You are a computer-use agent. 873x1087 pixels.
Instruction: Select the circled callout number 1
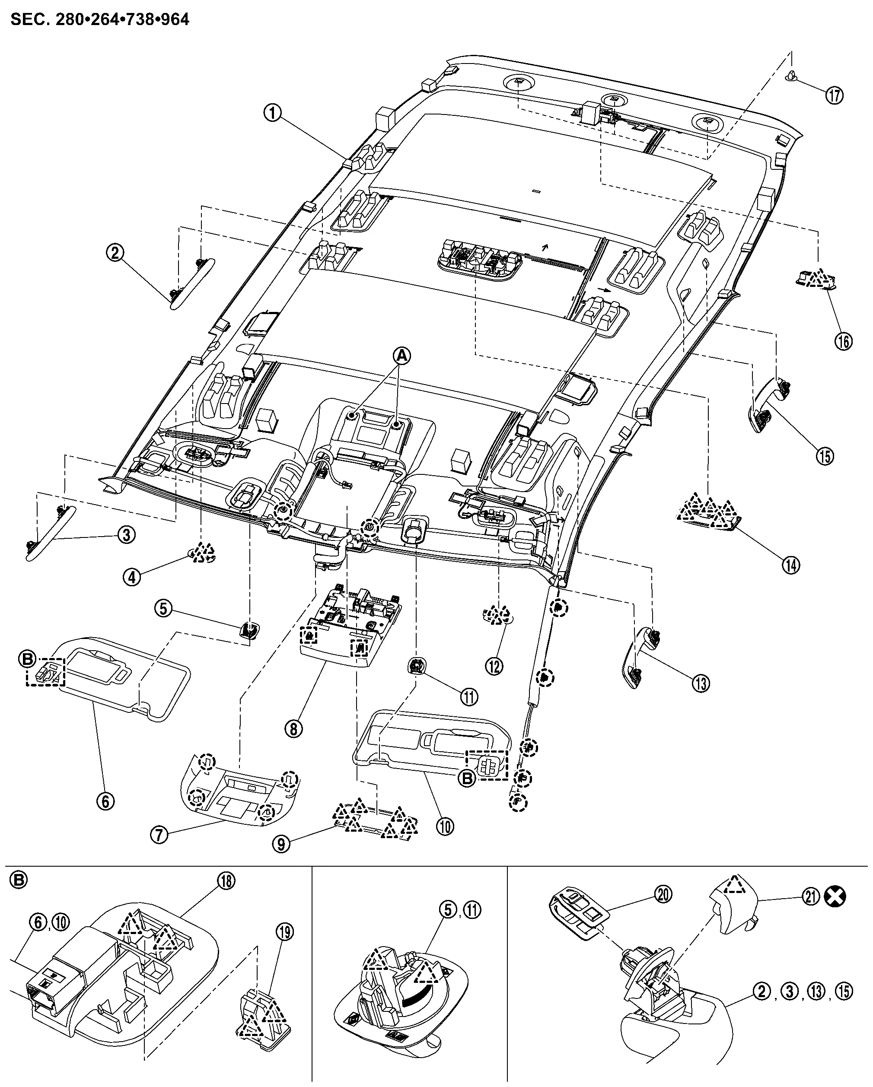pos(273,113)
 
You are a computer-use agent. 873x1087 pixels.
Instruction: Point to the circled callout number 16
pos(843,341)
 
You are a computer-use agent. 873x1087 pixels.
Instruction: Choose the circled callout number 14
pos(791,565)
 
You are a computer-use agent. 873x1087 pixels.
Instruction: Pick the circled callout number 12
pos(494,666)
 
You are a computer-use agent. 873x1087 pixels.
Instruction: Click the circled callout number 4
pos(132,577)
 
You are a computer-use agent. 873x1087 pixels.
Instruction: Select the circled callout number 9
pos(281,843)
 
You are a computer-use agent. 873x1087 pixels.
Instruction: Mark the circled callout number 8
pos(293,728)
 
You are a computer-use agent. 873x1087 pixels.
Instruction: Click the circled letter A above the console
pos(401,356)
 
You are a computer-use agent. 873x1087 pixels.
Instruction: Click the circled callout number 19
pos(285,932)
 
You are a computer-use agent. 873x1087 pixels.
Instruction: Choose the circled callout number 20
pos(664,894)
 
